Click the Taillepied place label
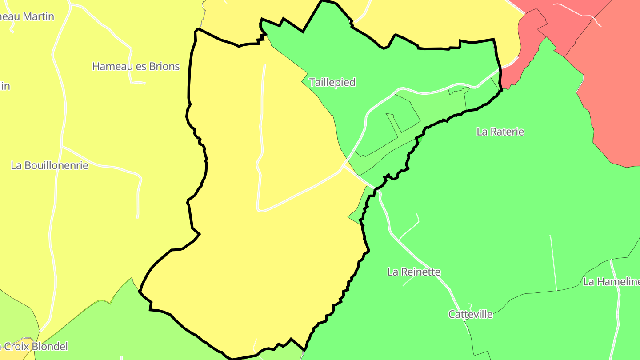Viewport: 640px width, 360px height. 332,82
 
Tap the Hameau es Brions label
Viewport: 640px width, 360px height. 136,67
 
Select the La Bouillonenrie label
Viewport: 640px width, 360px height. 49,165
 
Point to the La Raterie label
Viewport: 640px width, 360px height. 500,132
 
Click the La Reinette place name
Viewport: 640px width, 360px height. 414,272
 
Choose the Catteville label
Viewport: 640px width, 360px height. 470,314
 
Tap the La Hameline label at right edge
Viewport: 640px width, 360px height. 611,281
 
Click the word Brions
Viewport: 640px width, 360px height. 162,67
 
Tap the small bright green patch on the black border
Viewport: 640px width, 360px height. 419,140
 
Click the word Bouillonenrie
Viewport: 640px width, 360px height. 56,165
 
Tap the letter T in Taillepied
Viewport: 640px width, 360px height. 312,82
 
